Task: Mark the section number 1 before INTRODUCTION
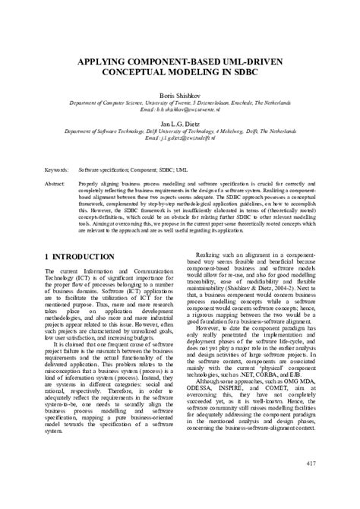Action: (47, 258)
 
